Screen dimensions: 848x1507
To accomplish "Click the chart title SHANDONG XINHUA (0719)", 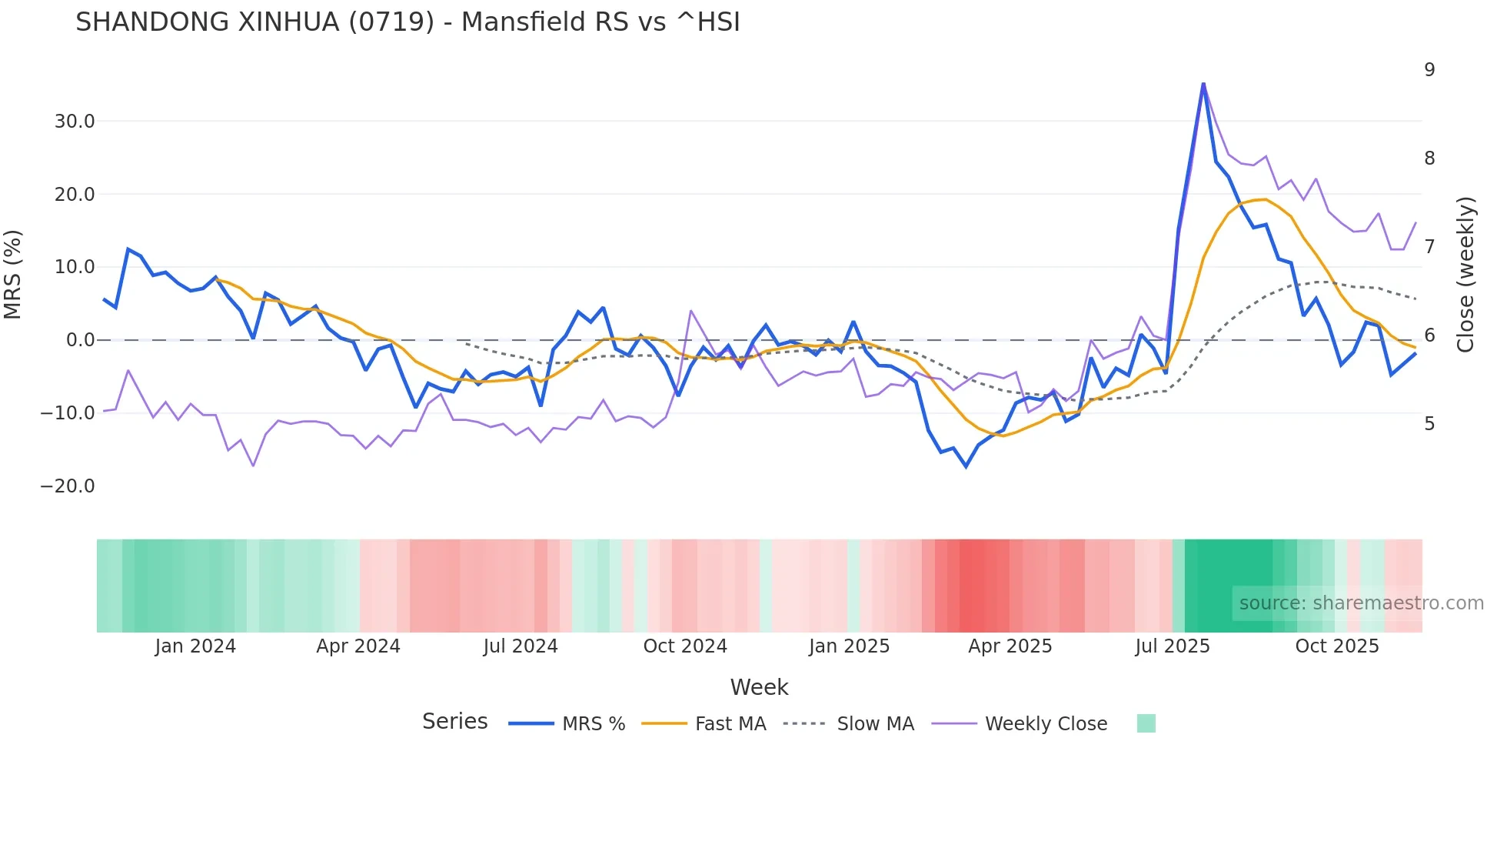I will (x=408, y=22).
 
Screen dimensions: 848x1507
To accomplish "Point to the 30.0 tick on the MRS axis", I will (x=74, y=122).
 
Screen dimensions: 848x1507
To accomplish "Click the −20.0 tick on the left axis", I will (x=68, y=486).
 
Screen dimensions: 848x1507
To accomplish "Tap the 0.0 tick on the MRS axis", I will (x=80, y=340).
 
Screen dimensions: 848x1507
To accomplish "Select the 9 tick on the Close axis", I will (x=1429, y=70).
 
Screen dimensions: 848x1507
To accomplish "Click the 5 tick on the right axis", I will (x=1429, y=424).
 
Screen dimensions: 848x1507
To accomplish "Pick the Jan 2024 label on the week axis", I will (x=195, y=646).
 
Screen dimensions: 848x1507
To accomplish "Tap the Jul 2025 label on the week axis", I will (x=1172, y=646).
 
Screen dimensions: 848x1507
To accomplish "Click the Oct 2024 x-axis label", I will (x=685, y=646).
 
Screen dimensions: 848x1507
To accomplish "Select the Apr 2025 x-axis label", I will (x=1010, y=646).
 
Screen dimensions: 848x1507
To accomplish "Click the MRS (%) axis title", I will (x=13, y=275).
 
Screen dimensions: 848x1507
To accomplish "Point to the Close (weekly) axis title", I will (x=1465, y=275).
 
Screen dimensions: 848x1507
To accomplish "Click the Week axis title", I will (x=759, y=687).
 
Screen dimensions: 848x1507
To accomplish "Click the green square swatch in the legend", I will (x=1146, y=723).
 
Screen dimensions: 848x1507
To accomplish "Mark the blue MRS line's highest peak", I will (x=1203, y=84).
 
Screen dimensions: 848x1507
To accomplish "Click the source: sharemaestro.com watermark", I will (x=1361, y=603).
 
